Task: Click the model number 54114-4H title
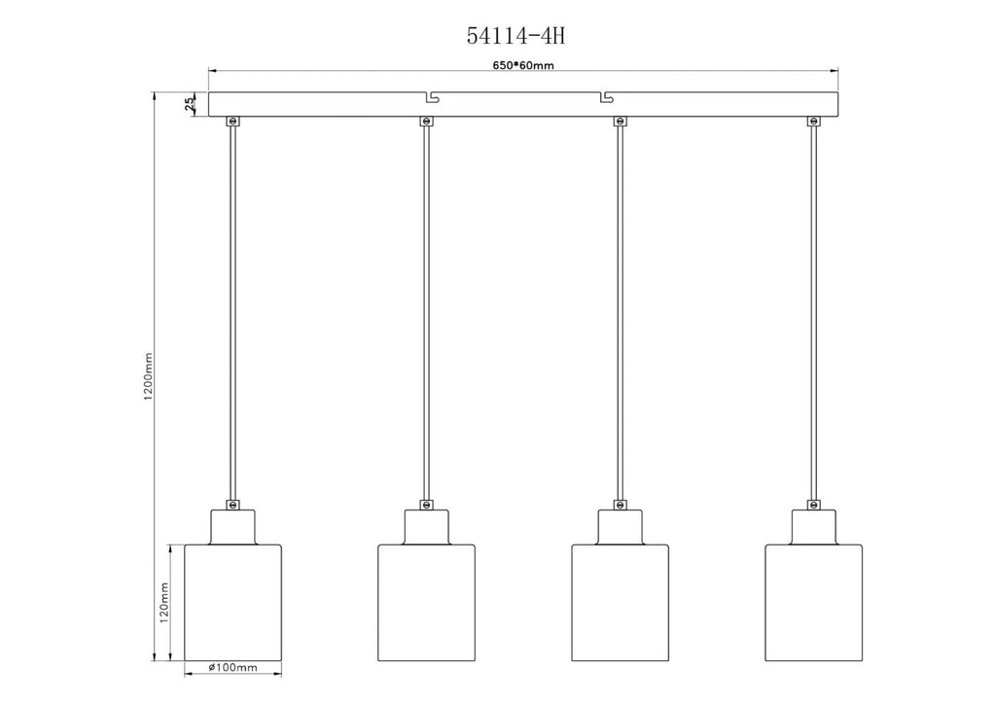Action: [516, 36]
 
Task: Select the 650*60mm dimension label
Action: [523, 65]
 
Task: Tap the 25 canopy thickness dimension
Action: [190, 104]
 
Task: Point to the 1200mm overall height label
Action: [148, 376]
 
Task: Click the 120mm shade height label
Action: [163, 603]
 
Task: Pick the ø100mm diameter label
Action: [232, 667]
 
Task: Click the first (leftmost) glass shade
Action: [232, 602]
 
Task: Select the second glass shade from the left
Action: [426, 602]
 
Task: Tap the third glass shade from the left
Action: [620, 602]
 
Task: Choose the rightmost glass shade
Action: [814, 602]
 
